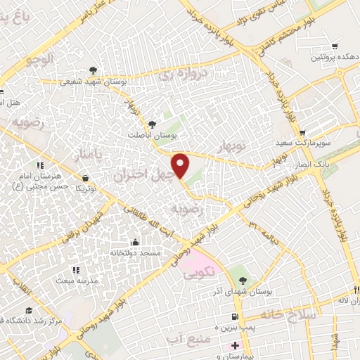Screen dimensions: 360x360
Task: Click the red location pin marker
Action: click(x=181, y=165)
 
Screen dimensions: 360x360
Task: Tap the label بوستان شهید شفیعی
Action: click(x=94, y=82)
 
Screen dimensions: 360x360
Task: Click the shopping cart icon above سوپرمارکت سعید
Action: click(x=302, y=133)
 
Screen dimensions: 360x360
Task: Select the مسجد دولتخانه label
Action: click(x=136, y=251)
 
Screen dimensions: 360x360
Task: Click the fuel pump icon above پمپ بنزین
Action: click(x=243, y=317)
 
